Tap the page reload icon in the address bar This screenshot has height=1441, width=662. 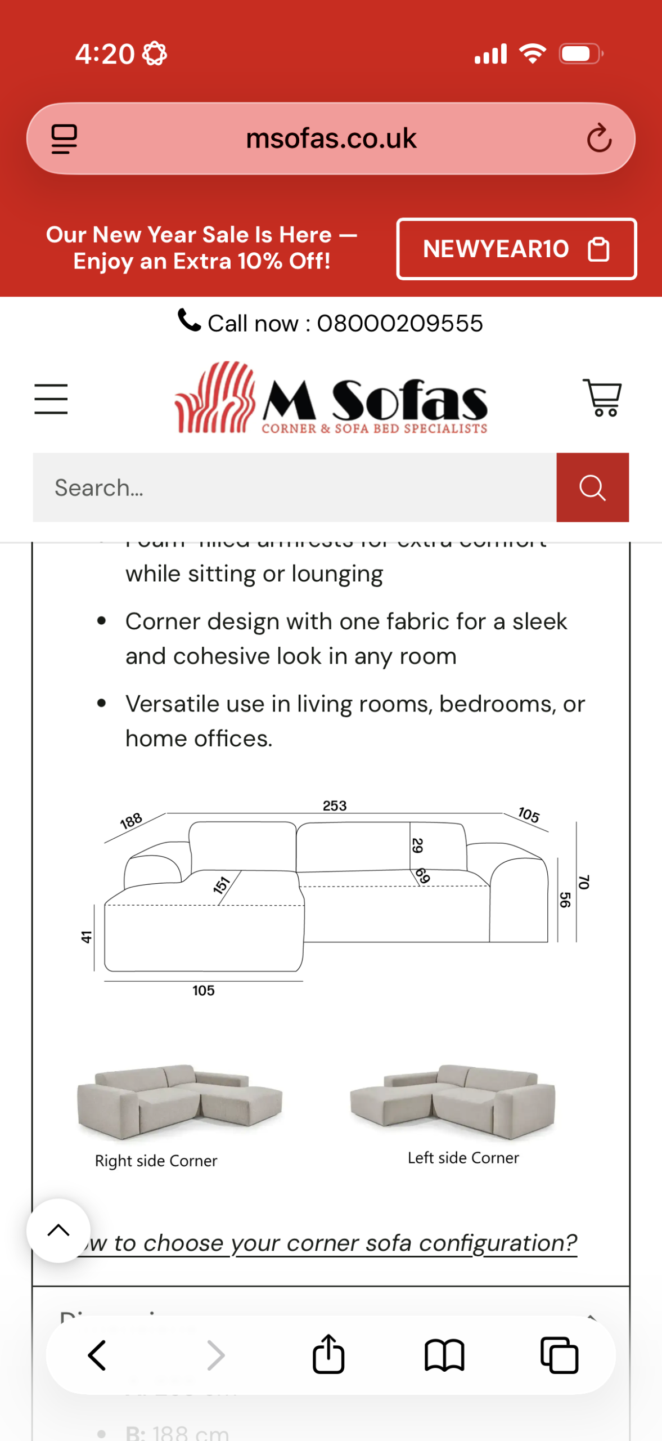(x=599, y=138)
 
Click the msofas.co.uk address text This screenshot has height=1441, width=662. (x=331, y=138)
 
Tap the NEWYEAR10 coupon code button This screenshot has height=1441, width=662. (x=516, y=249)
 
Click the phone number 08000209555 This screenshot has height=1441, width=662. (x=400, y=323)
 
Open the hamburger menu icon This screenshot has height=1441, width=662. (x=51, y=399)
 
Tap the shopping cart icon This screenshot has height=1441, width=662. (x=602, y=397)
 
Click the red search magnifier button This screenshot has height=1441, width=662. (x=592, y=487)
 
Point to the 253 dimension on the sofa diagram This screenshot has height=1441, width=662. (x=335, y=805)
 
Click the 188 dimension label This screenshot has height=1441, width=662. (x=131, y=821)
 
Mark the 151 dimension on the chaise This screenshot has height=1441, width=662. (x=222, y=885)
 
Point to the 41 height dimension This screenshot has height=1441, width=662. (x=86, y=937)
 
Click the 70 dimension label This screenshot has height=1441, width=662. (x=584, y=882)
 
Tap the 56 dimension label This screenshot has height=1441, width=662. (x=565, y=899)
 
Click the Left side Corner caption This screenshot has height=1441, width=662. (x=463, y=1158)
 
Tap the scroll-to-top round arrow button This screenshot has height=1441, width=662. (x=58, y=1230)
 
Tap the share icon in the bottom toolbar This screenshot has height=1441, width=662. (x=328, y=1354)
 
